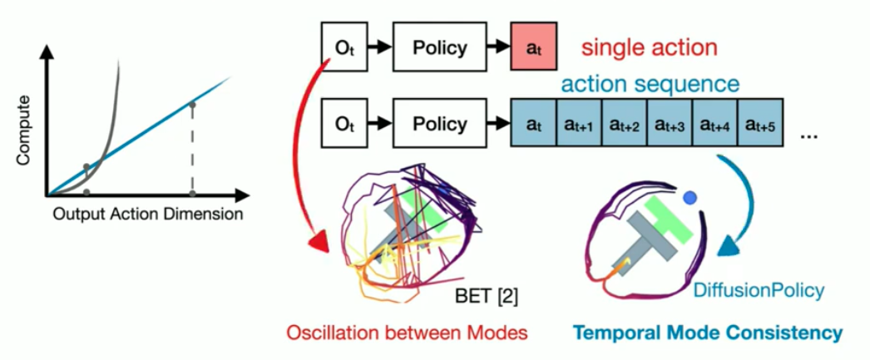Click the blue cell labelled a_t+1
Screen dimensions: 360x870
click(x=576, y=126)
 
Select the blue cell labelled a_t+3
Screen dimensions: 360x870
click(x=668, y=126)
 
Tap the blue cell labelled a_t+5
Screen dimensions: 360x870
click(x=760, y=126)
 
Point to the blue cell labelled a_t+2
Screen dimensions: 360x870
click(x=622, y=126)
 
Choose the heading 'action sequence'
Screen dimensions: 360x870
click(x=650, y=84)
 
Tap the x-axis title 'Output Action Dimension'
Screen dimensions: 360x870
click(x=148, y=215)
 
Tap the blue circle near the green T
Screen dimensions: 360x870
click(x=690, y=199)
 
